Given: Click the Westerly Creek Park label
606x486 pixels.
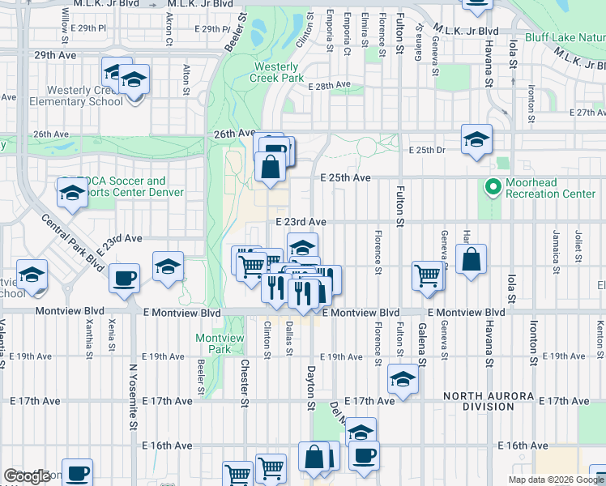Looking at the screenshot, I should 279,72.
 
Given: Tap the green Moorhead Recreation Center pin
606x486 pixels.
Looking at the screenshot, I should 491,188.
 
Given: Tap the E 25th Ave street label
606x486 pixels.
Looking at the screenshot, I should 345,177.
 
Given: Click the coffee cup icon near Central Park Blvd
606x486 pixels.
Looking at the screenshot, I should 125,278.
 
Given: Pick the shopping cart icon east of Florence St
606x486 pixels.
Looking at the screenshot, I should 427,275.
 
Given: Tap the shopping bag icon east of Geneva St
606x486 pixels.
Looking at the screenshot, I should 471,260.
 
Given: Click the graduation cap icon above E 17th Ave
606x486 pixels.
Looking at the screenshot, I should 403,379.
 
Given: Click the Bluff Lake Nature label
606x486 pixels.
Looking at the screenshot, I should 564,37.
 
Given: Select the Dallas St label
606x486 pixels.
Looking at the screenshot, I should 288,339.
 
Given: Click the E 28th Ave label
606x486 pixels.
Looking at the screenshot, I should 331,85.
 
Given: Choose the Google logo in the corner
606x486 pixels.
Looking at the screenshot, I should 27,476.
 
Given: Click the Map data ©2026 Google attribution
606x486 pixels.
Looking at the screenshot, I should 556,480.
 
